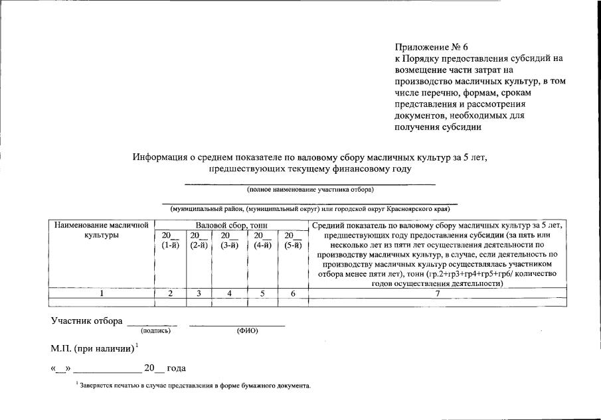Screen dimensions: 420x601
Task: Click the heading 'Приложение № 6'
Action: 431,47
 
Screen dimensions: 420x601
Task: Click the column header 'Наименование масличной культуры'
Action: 102,230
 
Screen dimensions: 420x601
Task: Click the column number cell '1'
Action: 102,293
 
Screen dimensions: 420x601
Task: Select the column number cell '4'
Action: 229,293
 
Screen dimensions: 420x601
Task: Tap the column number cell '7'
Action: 437,293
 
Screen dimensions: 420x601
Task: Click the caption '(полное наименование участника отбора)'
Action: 310,190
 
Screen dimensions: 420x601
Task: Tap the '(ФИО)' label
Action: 247,330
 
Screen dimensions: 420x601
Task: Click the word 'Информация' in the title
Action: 159,157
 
